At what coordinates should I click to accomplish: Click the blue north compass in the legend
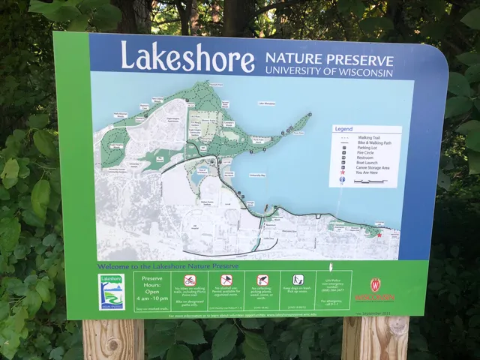(x=342, y=181)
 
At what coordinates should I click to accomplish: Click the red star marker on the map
(x=379, y=235)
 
